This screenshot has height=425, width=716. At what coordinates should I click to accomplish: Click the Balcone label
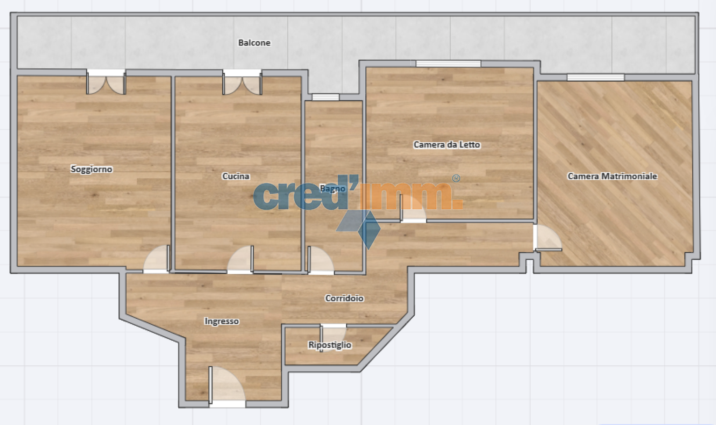click(254, 43)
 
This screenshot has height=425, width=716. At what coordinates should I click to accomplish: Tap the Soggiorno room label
click(91, 169)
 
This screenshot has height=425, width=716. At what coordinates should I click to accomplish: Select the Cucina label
click(236, 176)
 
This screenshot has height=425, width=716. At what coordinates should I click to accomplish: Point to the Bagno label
click(332, 189)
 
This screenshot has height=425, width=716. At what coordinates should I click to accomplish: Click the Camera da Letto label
click(446, 145)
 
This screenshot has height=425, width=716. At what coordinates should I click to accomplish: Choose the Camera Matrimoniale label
click(612, 176)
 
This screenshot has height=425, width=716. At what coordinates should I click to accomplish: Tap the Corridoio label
click(344, 298)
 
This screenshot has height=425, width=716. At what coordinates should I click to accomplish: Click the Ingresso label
click(222, 321)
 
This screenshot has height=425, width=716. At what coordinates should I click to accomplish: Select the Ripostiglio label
click(330, 345)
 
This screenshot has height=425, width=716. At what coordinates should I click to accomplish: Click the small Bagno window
click(325, 97)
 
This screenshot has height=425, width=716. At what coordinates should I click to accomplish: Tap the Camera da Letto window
click(448, 64)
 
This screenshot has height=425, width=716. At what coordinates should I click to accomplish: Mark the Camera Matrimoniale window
click(595, 77)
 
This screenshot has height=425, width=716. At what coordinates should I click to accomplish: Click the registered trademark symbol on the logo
click(456, 178)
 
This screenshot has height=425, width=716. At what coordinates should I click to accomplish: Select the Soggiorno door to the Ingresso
click(157, 259)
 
